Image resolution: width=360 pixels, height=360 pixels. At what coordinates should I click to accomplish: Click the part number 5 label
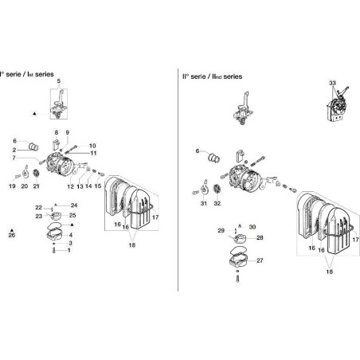(x=57, y=82)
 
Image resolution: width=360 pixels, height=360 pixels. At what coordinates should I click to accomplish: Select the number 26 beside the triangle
(x=11, y=235)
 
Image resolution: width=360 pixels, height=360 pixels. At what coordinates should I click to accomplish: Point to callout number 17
(x=156, y=217)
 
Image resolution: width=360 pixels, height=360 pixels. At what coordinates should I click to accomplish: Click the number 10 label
(x=92, y=146)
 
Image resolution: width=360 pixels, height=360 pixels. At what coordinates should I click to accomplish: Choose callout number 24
(x=74, y=205)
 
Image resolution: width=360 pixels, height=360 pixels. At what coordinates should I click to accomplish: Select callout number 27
(x=259, y=260)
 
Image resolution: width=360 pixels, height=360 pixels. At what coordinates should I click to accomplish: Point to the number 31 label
(x=203, y=204)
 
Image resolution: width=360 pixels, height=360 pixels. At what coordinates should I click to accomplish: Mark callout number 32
(x=217, y=204)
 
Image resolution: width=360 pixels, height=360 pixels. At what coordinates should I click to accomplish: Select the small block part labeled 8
(x=56, y=145)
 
